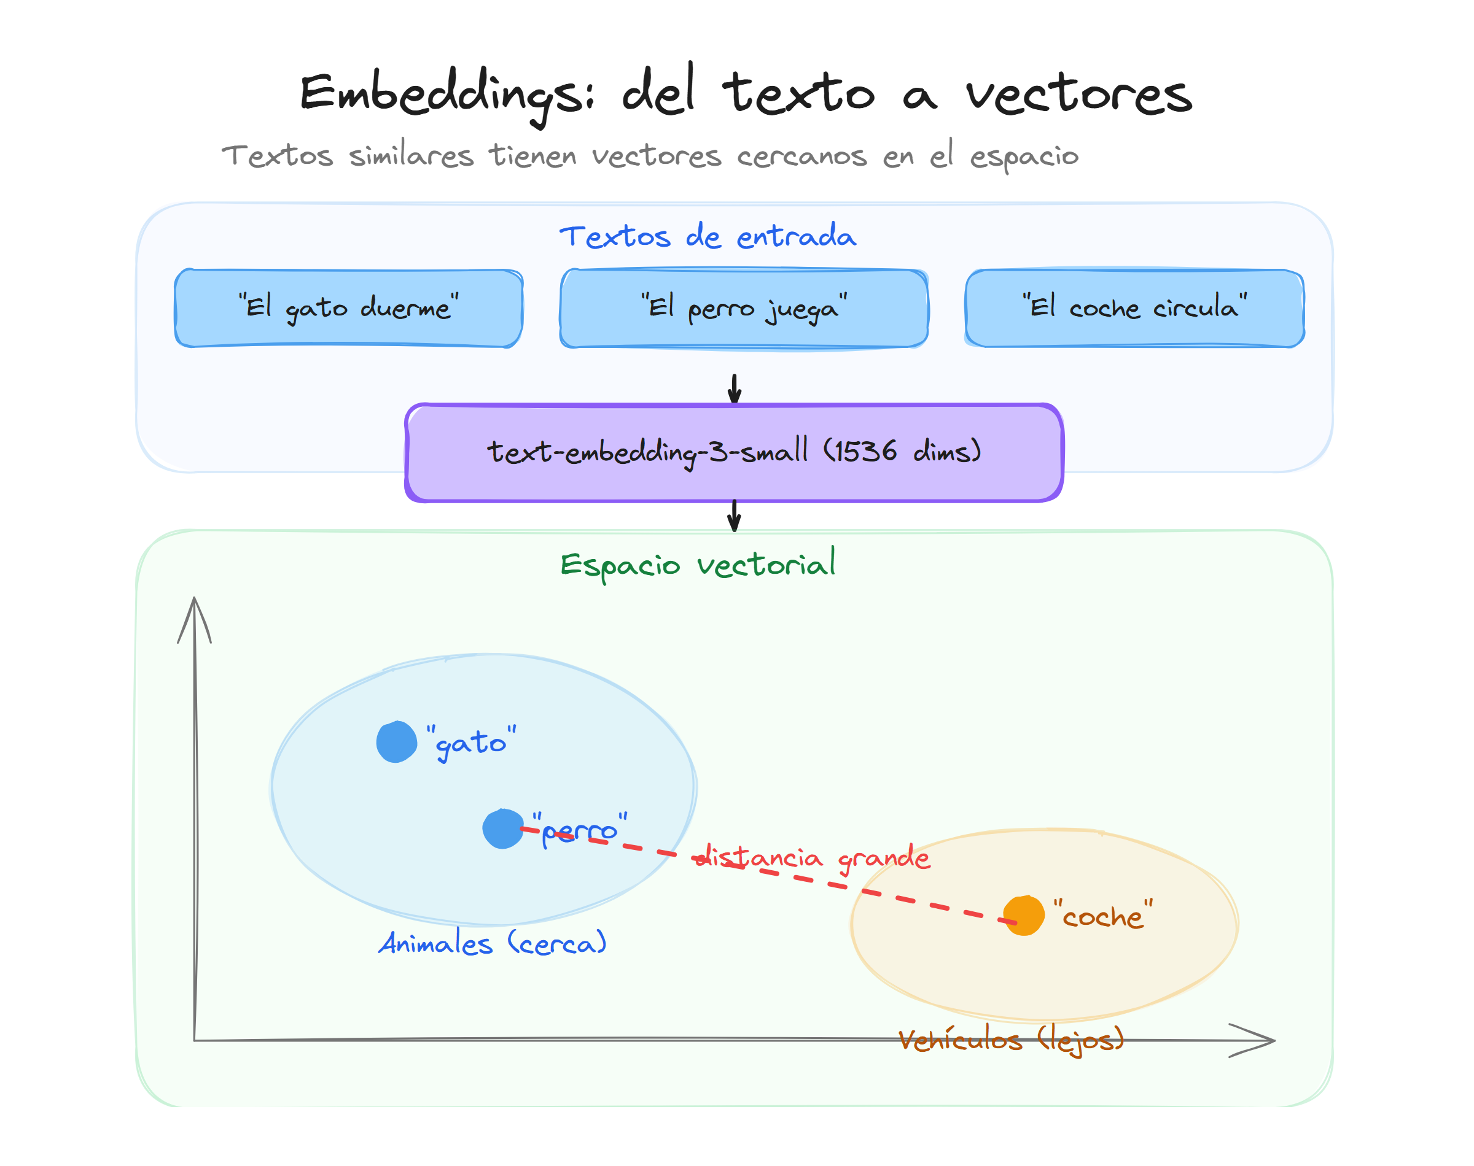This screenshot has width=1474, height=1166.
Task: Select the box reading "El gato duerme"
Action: [x=348, y=308]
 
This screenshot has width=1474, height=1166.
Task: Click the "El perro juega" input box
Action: [x=744, y=308]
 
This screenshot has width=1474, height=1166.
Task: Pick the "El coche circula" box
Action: [x=1134, y=308]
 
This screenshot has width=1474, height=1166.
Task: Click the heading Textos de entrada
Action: [x=708, y=237]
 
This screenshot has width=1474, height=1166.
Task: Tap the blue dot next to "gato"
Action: [x=396, y=741]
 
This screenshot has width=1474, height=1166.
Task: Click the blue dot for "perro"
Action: [x=503, y=828]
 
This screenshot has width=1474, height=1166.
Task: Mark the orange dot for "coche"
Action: [x=1023, y=916]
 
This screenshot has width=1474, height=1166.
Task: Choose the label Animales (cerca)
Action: [x=493, y=943]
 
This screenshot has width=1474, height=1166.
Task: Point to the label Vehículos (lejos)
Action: [x=1011, y=1040]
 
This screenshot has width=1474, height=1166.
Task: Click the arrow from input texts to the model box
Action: [x=735, y=388]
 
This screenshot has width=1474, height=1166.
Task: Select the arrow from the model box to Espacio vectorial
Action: [x=735, y=515]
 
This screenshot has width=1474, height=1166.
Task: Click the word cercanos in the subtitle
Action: [x=802, y=156]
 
